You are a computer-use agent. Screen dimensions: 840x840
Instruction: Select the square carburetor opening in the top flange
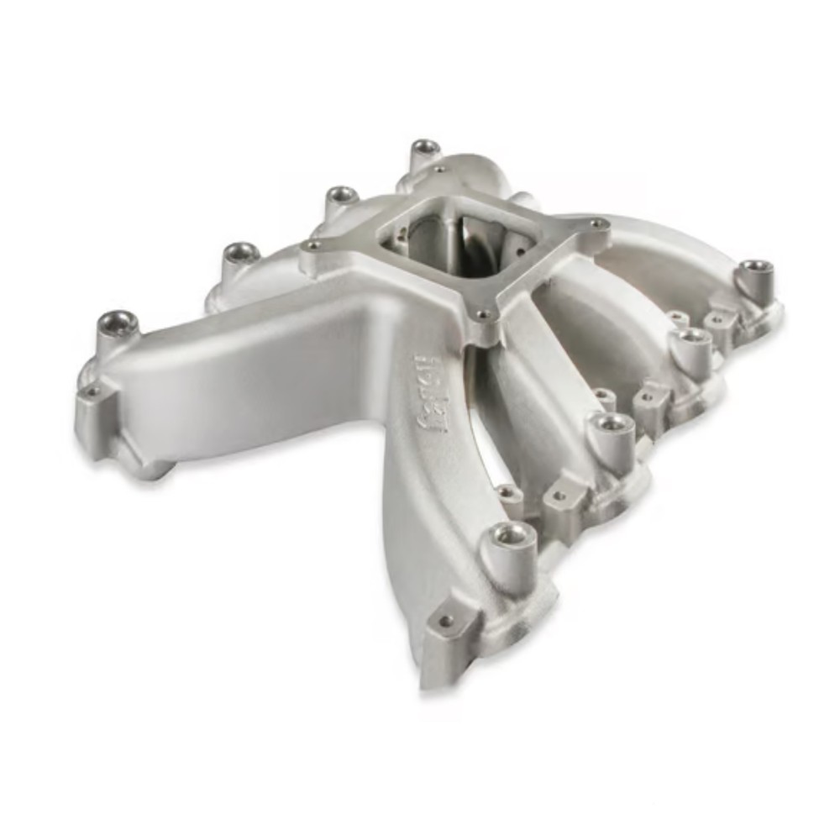pyautogui.click(x=454, y=238)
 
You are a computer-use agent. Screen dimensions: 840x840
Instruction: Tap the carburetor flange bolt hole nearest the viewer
pyautogui.click(x=482, y=316)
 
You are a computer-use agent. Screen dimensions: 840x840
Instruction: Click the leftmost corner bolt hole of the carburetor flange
pyautogui.click(x=312, y=246)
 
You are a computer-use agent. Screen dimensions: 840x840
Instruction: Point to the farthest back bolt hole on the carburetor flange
pyautogui.click(x=440, y=168)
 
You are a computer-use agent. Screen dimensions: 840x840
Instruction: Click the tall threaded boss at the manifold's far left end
pyautogui.click(x=117, y=323)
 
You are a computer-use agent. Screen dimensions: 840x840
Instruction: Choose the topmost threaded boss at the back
pyautogui.click(x=427, y=148)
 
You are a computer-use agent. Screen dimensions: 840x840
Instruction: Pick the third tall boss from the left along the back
pyautogui.click(x=341, y=195)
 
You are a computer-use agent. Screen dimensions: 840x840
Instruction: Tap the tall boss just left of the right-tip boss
pyautogui.click(x=691, y=337)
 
